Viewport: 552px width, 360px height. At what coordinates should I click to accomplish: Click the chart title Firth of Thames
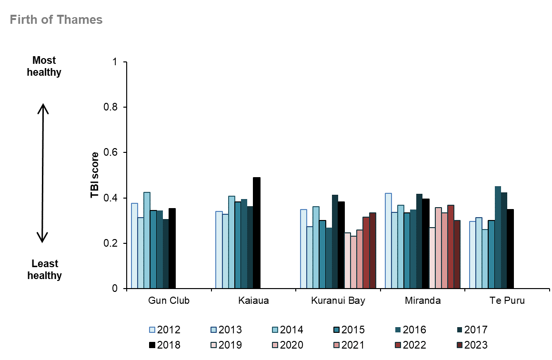coord(56,20)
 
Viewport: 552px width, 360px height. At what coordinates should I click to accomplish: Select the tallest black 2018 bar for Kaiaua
coord(257,233)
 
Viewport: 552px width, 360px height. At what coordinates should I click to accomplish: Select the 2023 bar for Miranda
coord(457,254)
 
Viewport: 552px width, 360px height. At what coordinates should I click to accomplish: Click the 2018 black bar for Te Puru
coord(510,249)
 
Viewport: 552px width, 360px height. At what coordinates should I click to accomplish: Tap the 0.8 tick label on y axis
coord(112,107)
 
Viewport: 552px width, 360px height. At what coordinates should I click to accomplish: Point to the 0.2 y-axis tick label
coord(112,243)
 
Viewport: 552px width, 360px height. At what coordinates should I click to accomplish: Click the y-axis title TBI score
coord(95,175)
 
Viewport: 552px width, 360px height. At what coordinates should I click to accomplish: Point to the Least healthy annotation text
coord(44,270)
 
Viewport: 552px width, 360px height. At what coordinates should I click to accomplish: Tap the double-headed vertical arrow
coord(43,173)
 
